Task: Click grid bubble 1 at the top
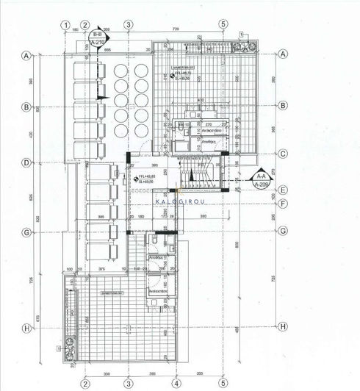tap(66, 24)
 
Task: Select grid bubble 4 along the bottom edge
tap(176, 383)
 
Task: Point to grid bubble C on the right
tap(283, 154)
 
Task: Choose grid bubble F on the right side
tap(283, 202)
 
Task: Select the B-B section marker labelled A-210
tap(96, 39)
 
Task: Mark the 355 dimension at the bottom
tap(199, 373)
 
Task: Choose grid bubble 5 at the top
tap(223, 24)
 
